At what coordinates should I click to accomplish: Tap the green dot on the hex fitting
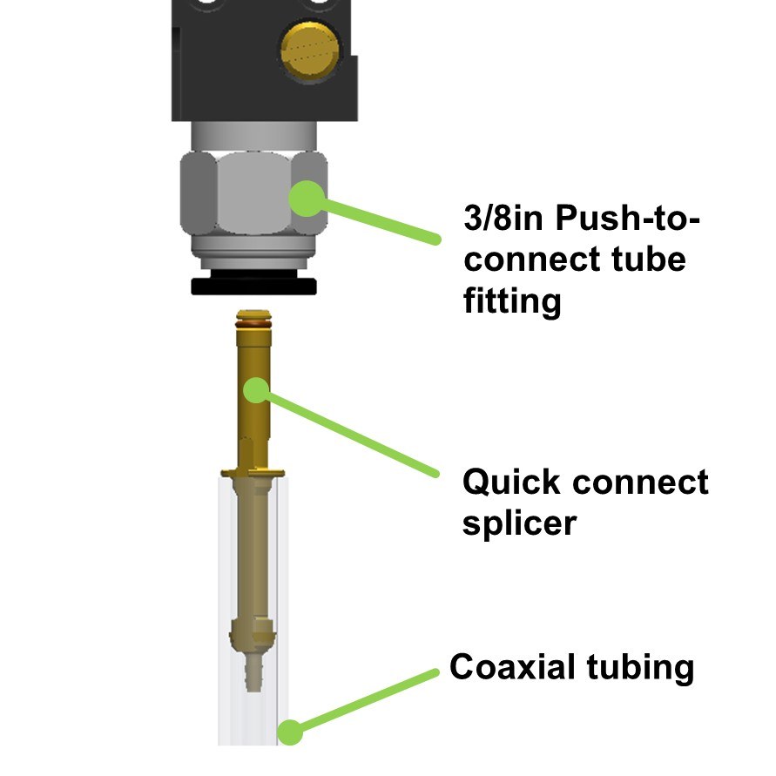pos(304,197)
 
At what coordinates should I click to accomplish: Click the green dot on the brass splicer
pos(254,388)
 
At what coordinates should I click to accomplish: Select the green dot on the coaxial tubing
pos(290,732)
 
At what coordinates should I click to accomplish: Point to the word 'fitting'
pos(512,301)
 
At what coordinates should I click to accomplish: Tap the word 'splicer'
pos(519,523)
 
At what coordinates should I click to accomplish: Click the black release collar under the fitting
pos(253,287)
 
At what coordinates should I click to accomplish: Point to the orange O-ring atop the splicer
pos(253,319)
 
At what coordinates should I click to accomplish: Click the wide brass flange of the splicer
pos(253,472)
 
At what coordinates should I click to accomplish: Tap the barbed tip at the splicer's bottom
pos(253,679)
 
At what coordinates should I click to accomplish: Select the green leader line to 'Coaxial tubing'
pos(366,700)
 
